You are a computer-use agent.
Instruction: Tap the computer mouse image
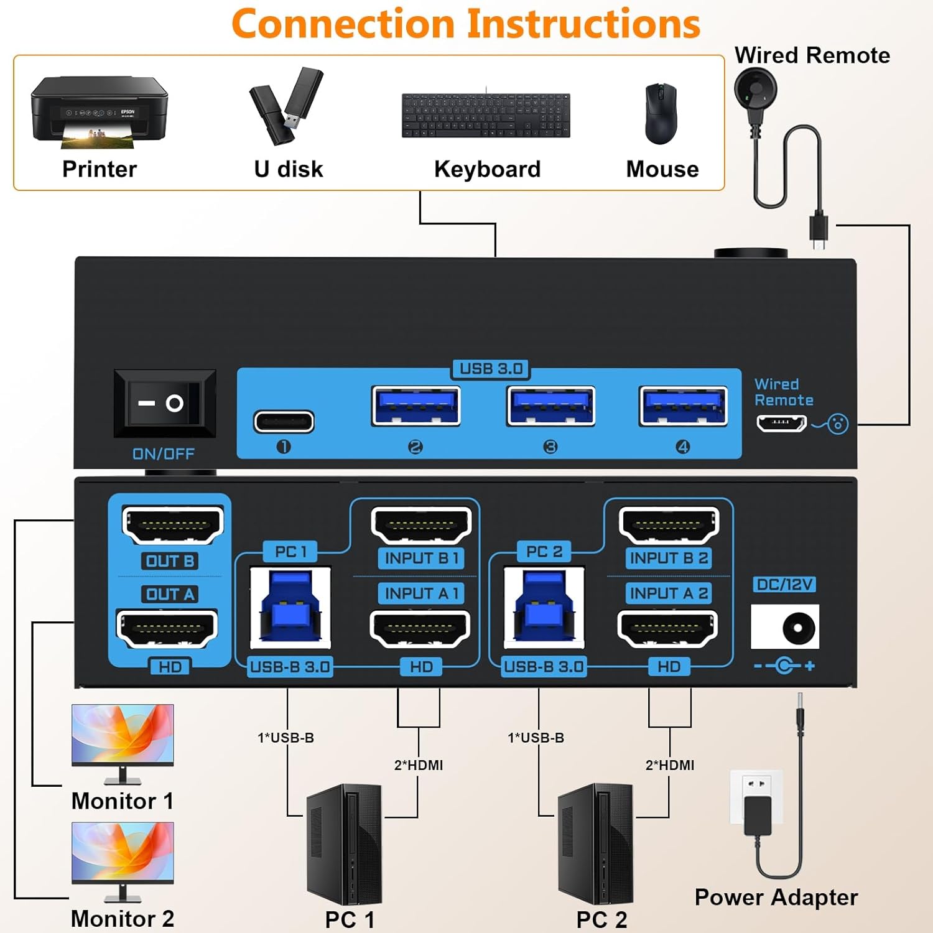click(661, 113)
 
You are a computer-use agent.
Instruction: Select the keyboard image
click(486, 115)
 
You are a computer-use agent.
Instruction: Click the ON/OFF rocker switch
click(165, 403)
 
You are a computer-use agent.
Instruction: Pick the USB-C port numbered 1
click(284, 422)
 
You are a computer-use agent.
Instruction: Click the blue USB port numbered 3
click(550, 406)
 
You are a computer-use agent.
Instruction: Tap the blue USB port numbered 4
click(683, 406)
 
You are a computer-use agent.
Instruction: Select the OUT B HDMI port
click(172, 524)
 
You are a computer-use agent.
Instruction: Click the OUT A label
click(170, 594)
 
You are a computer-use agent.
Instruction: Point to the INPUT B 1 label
click(422, 558)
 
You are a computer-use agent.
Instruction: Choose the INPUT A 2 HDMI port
click(667, 628)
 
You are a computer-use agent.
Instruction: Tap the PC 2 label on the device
click(544, 551)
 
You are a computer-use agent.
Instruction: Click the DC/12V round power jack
click(798, 628)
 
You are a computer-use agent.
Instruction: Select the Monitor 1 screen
click(123, 735)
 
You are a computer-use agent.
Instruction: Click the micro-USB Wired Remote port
click(781, 424)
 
